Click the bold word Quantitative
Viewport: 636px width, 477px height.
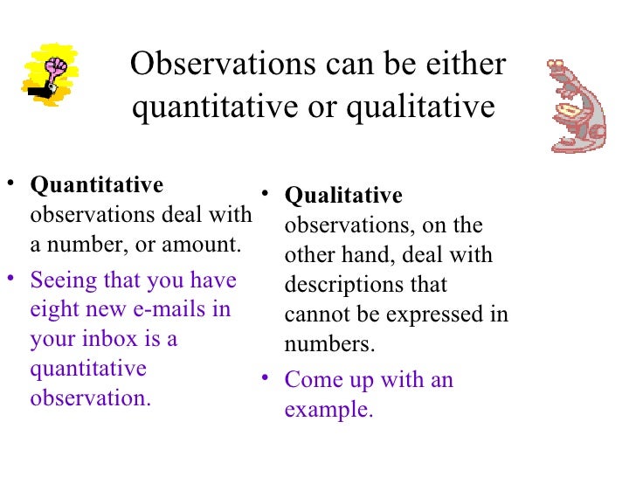pos(97,185)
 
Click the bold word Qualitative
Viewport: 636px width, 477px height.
pos(343,195)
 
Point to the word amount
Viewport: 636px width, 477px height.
pos(204,245)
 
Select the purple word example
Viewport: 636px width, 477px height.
pos(328,409)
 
